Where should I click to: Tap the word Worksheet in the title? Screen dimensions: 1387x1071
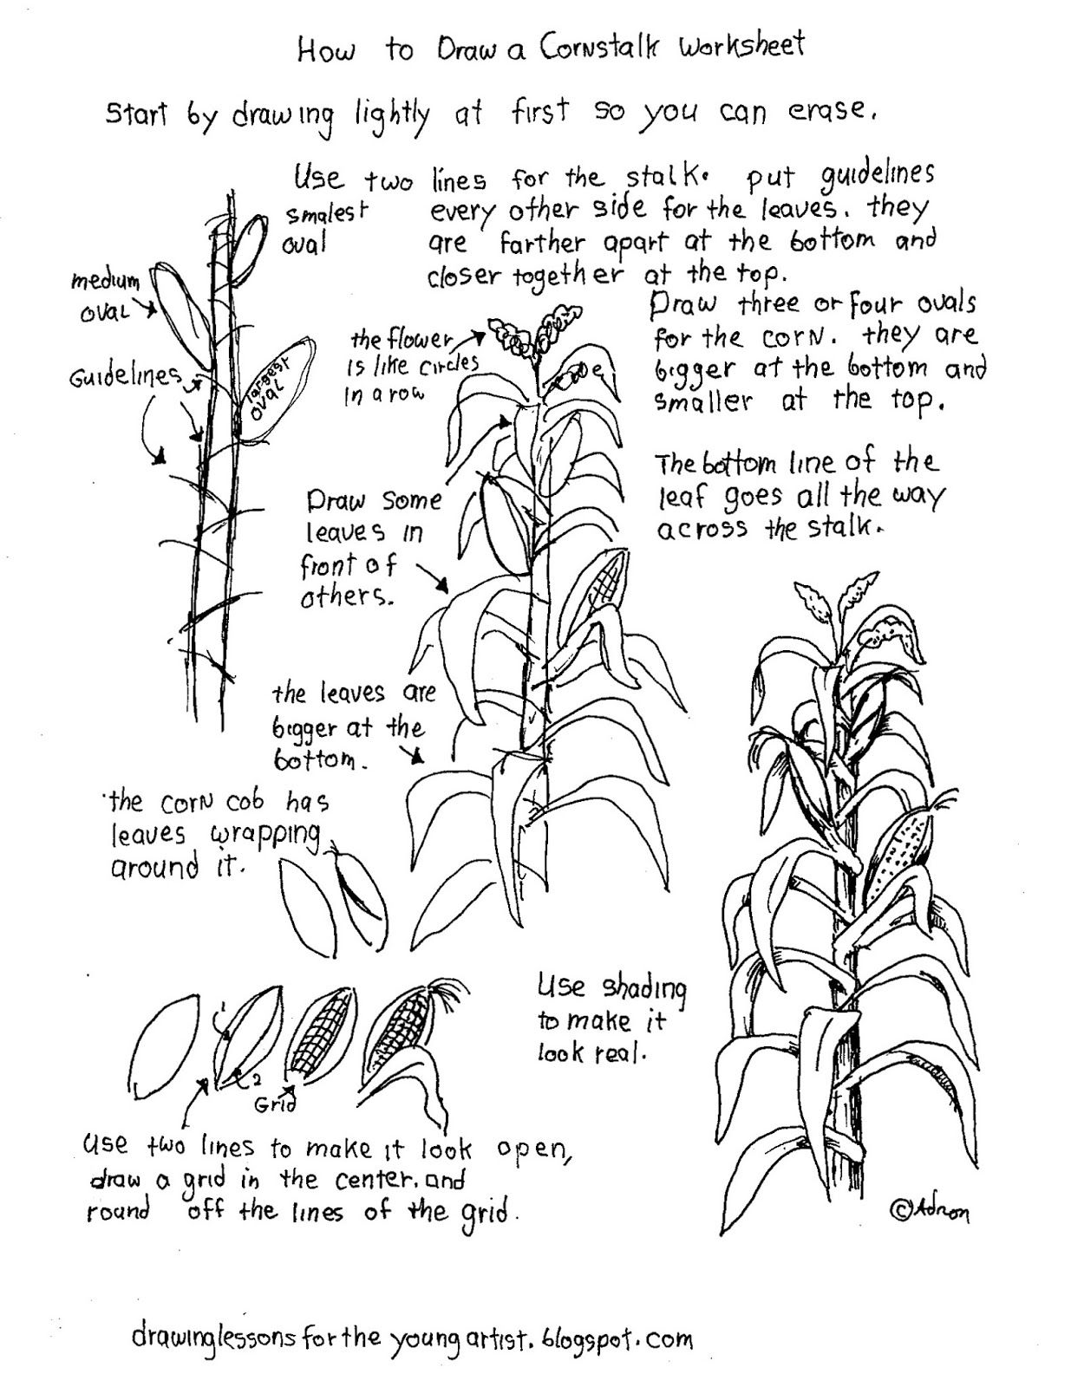(x=741, y=45)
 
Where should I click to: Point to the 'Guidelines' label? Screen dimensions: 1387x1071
(x=127, y=375)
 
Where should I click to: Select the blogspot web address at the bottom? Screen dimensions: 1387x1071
(x=412, y=1339)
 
